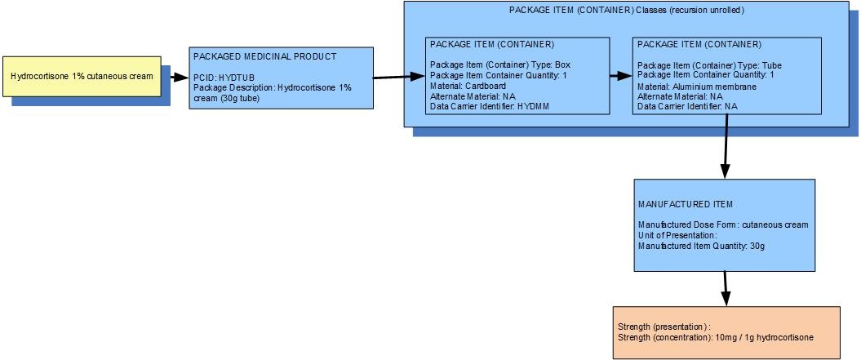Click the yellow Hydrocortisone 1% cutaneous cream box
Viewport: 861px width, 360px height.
[82, 77]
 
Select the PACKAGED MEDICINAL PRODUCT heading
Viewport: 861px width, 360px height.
[265, 56]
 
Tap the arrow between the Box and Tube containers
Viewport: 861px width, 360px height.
[621, 76]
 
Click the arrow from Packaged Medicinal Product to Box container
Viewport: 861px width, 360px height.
[399, 78]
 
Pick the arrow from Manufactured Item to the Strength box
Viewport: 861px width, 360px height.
[726, 288]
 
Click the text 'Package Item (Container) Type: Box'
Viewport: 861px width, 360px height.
[500, 64]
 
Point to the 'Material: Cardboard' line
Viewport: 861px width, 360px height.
[468, 86]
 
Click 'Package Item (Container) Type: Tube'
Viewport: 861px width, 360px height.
[709, 64]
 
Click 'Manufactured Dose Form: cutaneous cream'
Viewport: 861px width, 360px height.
[723, 224]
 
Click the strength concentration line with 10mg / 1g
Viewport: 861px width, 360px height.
[716, 337]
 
